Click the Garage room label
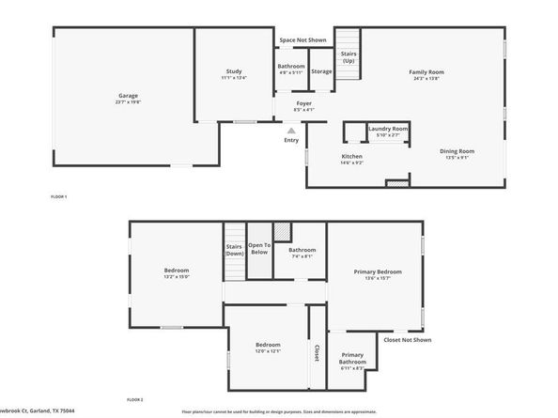128,96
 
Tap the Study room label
234,72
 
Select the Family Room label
426,72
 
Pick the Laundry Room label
387,129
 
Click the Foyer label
303,103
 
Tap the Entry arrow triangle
291,131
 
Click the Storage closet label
321,71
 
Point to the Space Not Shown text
302,40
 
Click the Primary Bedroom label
378,271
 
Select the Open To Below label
259,248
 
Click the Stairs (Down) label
235,250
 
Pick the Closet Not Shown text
408,339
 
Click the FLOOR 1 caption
58,196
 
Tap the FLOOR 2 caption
135,400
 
